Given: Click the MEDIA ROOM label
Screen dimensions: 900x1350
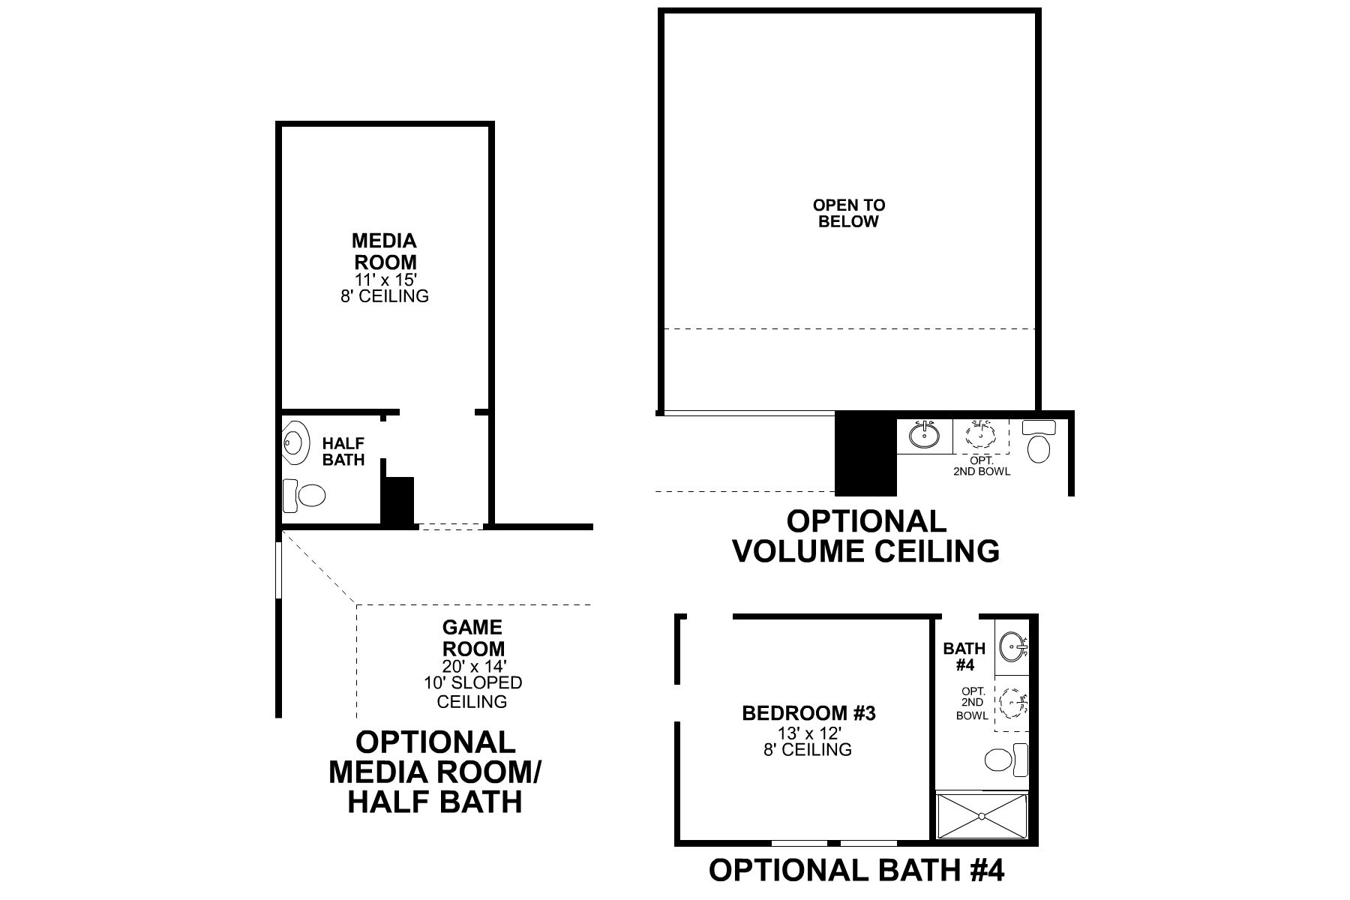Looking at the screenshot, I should point(385,252).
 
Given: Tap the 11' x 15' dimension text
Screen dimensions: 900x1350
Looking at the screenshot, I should point(385,280).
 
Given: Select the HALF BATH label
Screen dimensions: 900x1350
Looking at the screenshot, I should point(343,452).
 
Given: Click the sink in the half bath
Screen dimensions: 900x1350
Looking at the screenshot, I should point(295,443).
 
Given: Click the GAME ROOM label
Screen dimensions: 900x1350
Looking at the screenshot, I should point(472,637).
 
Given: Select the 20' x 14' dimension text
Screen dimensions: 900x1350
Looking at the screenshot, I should point(472,665).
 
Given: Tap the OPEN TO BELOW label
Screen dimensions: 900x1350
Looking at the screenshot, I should point(849,213).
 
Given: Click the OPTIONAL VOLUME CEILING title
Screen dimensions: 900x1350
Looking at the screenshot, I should point(865,536).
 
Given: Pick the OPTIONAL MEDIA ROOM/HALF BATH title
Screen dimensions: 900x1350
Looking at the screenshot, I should point(435,772).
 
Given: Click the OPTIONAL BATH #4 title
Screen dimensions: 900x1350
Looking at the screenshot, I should point(856,871).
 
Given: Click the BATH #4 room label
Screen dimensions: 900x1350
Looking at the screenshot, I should point(964,656).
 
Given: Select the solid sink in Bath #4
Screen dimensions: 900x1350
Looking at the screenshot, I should point(1014,646).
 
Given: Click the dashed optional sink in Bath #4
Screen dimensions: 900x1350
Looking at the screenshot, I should point(1013,703).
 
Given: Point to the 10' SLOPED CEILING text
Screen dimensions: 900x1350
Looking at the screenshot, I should point(472,692).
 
